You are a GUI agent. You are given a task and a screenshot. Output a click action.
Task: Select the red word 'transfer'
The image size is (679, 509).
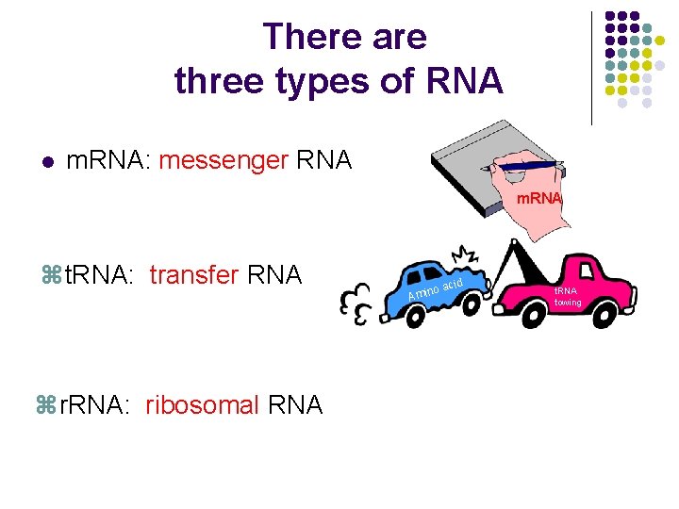pyautogui.click(x=194, y=275)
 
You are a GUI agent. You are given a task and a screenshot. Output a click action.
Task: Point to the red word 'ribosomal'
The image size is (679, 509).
pyautogui.click(x=202, y=405)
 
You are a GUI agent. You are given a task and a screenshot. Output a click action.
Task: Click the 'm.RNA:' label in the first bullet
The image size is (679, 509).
pyautogui.click(x=108, y=160)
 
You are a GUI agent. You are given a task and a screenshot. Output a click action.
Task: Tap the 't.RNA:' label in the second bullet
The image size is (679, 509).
pyautogui.click(x=100, y=275)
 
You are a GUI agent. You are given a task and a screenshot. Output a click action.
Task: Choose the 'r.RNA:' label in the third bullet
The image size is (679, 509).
pyautogui.click(x=92, y=405)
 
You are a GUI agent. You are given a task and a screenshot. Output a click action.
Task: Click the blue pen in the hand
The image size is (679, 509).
pyautogui.click(x=528, y=167)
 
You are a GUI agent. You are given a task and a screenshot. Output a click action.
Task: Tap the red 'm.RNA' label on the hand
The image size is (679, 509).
pyautogui.click(x=538, y=198)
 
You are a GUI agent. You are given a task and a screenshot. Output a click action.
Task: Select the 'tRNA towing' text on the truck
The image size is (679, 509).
pyautogui.click(x=568, y=297)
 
